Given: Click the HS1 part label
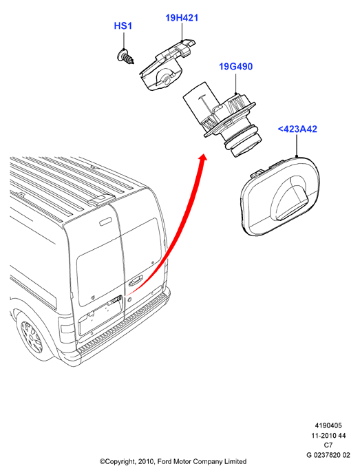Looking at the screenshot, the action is (x=123, y=25).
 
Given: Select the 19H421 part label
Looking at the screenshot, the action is (x=182, y=18).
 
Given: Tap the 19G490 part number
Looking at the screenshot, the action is (x=236, y=66).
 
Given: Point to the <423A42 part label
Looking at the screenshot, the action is (x=297, y=129).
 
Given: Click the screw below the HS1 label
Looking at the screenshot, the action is (x=125, y=56).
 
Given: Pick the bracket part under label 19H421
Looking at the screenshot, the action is (x=167, y=65).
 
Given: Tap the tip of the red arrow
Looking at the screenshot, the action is (x=204, y=154).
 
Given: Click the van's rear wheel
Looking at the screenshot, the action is (x=31, y=337).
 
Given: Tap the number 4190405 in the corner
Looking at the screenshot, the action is (x=328, y=425).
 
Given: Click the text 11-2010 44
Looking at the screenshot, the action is (x=328, y=436).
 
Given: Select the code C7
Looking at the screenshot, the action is (x=328, y=445).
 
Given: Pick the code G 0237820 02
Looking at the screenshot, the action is (x=328, y=455).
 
